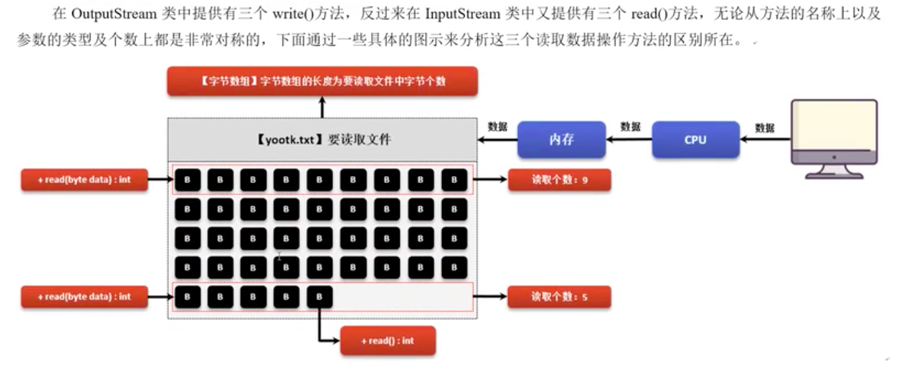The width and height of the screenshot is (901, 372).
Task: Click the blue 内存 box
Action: (561, 139)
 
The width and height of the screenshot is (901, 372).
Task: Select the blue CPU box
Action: (695, 139)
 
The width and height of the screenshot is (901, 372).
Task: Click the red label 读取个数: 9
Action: (559, 180)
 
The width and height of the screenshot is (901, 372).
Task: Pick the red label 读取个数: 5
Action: (559, 296)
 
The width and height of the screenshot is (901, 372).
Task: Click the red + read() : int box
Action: (388, 340)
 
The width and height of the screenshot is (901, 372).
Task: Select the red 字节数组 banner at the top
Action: (322, 81)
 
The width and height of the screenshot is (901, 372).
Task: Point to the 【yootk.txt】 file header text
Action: (322, 140)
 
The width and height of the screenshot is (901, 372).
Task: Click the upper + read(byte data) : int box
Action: (84, 180)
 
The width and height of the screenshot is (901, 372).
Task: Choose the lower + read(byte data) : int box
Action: (84, 296)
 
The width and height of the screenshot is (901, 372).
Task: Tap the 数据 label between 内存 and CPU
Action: (630, 127)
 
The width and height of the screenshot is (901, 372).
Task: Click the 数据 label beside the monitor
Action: (764, 128)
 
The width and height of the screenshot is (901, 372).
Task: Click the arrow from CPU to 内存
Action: (629, 140)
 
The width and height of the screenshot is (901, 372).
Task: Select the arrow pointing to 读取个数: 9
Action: (490, 180)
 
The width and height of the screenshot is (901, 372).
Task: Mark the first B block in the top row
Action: (186, 180)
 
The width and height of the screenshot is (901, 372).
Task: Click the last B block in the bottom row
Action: (320, 296)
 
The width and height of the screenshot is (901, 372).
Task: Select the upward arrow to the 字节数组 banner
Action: (322, 107)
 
